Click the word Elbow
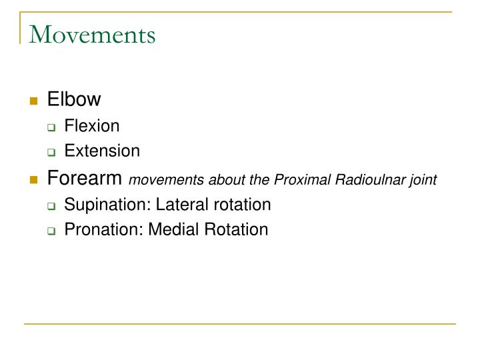[74, 100]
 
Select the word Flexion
[92, 125]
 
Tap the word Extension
[102, 151]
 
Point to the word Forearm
[85, 178]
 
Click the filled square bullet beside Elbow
[33, 101]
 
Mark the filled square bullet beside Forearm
[33, 179]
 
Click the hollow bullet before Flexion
[51, 127]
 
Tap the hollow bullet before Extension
[51, 152]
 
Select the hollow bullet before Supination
[51, 205]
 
